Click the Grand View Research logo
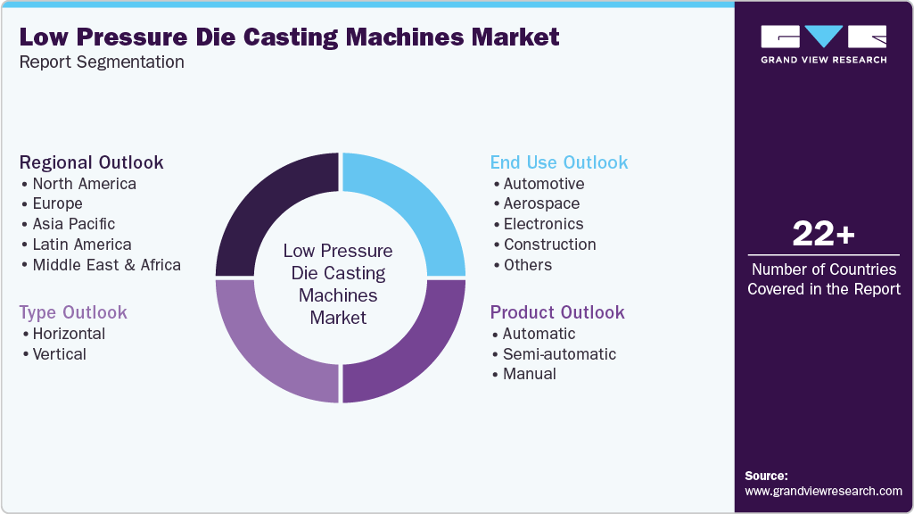pos(823,44)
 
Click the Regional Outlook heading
pos(91,162)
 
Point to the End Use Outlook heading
pos(559,162)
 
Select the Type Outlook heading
pos(73,312)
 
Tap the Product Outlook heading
pos(557,312)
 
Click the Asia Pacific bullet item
pos(74,224)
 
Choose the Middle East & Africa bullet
pos(106,265)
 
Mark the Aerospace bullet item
pos(541,203)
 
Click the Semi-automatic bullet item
pos(559,354)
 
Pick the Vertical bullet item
pos(60,354)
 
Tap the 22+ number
pos(823,234)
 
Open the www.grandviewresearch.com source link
pos(823,491)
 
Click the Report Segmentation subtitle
pos(102,62)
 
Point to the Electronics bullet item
pos(543,224)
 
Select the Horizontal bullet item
pos(69,334)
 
